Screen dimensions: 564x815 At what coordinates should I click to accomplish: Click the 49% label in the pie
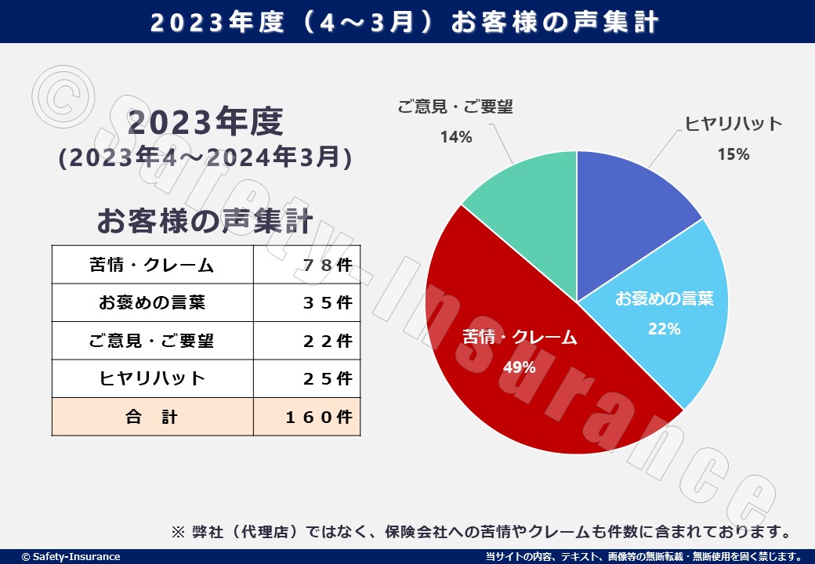tap(519, 367)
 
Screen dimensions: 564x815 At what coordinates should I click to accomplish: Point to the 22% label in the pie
tap(664, 329)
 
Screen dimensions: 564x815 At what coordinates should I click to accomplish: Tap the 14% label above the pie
tap(455, 138)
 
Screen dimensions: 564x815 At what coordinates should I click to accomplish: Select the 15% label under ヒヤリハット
tap(733, 154)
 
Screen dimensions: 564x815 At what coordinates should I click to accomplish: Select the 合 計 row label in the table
tap(152, 417)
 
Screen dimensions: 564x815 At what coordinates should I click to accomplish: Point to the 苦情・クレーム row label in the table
tap(152, 265)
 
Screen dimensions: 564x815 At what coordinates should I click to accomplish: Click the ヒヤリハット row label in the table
tap(152, 378)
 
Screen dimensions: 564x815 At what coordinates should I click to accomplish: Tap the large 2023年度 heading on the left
tap(205, 123)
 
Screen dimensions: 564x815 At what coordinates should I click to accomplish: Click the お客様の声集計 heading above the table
tap(205, 221)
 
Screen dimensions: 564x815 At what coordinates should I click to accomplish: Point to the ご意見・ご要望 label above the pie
tap(455, 107)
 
